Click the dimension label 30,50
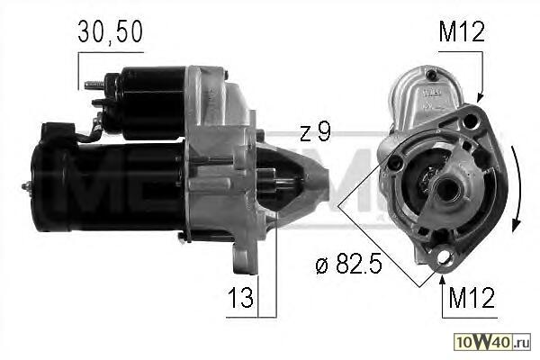[110, 31]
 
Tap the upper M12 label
[462, 31]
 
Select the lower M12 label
[472, 297]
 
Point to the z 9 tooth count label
[315, 131]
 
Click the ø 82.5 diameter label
[348, 264]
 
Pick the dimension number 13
[240, 297]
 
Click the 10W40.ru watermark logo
[492, 342]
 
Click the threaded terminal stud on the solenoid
[94, 85]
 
